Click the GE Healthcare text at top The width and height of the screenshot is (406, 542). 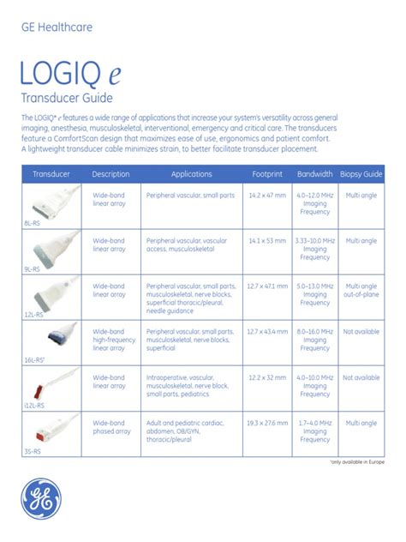[57, 27]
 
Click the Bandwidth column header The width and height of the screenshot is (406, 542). [314, 174]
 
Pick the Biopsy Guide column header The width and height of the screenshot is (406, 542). [361, 174]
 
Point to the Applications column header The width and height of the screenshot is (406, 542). [191, 174]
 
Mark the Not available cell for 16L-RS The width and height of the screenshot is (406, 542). [361, 332]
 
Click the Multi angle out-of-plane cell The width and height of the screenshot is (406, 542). [361, 291]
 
